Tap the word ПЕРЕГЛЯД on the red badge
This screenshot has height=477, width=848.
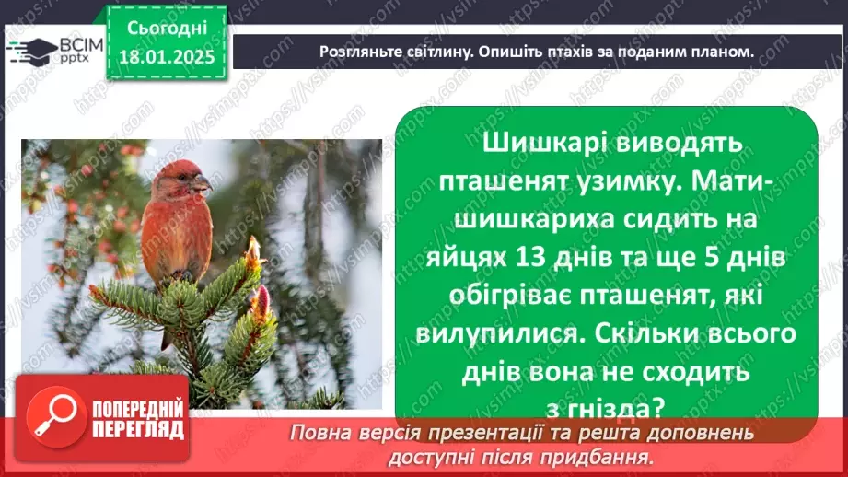pyautogui.click(x=138, y=429)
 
